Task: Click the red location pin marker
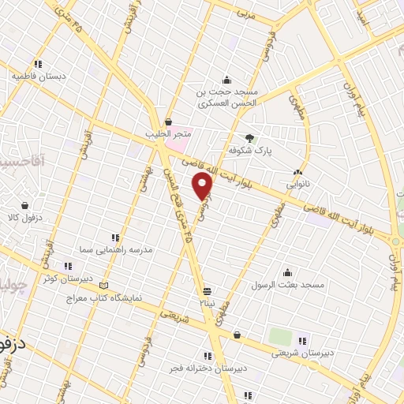[x=204, y=186]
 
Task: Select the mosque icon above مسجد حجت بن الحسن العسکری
[x=227, y=79]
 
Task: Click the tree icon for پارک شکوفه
[x=251, y=137]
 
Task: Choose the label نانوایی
[x=297, y=183]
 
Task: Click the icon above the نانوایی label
[x=297, y=171]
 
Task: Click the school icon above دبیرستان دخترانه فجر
[x=208, y=356]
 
